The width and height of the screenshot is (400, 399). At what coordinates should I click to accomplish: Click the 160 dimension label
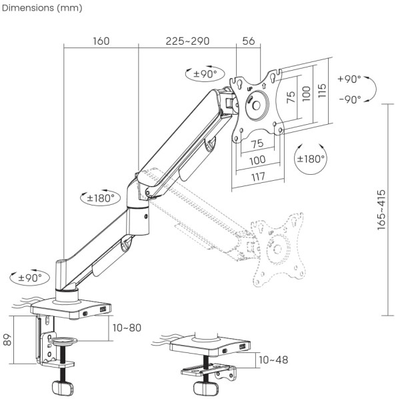pos(101,41)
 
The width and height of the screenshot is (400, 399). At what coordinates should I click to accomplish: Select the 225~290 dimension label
pos(187,41)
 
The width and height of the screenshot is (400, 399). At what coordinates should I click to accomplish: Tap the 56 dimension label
pos(249,41)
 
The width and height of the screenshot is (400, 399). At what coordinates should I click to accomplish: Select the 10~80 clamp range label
pos(126,328)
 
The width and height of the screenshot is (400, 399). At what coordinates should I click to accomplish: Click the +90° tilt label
pos(349,79)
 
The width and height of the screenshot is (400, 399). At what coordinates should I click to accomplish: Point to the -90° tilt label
pos(349,99)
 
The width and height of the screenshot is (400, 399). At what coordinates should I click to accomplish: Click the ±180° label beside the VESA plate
pos(310,159)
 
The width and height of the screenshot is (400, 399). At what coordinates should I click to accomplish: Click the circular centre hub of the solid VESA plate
pos(256,106)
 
